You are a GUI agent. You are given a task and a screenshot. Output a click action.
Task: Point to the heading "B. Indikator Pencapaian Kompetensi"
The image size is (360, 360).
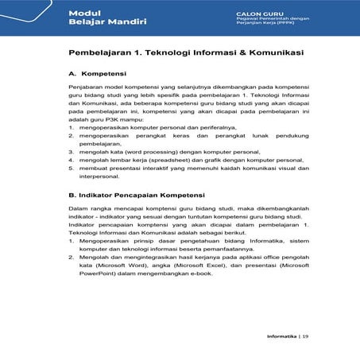137,194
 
